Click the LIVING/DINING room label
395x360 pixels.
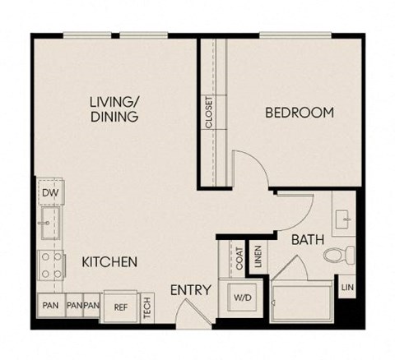pyautogui.click(x=114, y=109)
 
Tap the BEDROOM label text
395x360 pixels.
pyautogui.click(x=299, y=113)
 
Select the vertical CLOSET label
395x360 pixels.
pyautogui.click(x=209, y=113)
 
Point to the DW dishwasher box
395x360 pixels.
pyautogui.click(x=48, y=194)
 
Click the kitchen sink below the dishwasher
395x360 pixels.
pyautogui.click(x=47, y=223)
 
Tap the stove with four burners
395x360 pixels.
pyautogui.click(x=47, y=265)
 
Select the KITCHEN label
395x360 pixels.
pyautogui.click(x=109, y=262)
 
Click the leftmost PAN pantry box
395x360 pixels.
pyautogui.click(x=49, y=306)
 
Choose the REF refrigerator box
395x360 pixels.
pyautogui.click(x=120, y=307)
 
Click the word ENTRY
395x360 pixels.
pyautogui.click(x=191, y=290)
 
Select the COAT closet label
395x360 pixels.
pyautogui.click(x=239, y=261)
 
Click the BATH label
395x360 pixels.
pyautogui.click(x=306, y=242)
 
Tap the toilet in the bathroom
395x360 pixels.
pyautogui.click(x=339, y=253)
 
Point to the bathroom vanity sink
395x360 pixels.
pyautogui.click(x=343, y=219)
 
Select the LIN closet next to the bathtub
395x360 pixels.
pyautogui.click(x=347, y=287)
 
